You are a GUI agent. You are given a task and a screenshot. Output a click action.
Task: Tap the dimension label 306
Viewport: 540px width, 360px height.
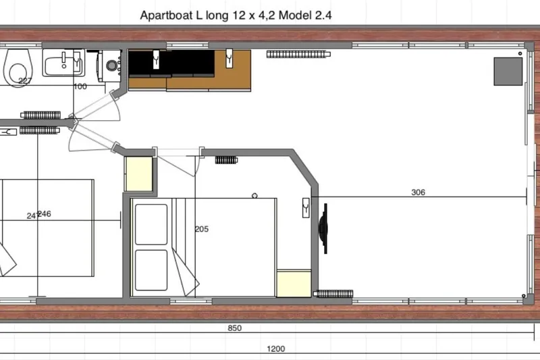[418, 192]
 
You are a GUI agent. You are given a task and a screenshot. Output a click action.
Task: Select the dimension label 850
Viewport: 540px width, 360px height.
[234, 328]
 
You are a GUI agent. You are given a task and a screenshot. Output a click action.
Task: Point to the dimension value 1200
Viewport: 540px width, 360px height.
[275, 349]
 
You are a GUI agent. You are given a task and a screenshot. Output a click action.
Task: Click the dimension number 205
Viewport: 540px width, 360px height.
[201, 229]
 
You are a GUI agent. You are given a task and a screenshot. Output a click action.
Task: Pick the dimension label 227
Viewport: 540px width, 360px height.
[26, 81]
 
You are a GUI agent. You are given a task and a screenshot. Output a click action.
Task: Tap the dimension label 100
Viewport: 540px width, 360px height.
[80, 86]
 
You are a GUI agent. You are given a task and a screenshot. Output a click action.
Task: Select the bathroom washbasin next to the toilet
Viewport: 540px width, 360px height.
[62, 66]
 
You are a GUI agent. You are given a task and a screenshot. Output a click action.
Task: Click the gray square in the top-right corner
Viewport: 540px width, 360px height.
[508, 71]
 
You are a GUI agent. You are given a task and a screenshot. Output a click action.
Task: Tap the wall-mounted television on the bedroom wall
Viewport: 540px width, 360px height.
[324, 230]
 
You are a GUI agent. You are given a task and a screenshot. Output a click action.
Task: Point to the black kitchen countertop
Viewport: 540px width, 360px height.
[172, 63]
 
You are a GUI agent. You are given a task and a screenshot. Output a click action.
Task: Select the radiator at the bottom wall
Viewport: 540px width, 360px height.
[333, 294]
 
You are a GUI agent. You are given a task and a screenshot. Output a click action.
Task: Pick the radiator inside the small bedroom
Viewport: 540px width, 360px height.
[225, 161]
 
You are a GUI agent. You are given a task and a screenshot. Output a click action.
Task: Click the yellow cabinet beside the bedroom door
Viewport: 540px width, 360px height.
[140, 174]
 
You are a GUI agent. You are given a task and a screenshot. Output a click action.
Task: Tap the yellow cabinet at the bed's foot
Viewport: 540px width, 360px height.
[294, 283]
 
